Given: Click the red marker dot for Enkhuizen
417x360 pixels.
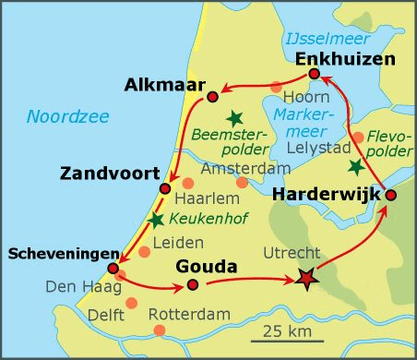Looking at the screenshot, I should pos(315,74).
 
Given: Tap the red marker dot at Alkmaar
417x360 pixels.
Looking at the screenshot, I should pos(213,96).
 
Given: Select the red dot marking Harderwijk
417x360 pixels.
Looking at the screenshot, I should pos(390,195).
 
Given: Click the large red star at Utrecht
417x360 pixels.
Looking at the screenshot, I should pos(304,279).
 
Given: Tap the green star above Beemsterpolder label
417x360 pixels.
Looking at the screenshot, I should pos(236,117).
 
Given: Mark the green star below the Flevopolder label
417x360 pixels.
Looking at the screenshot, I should pos(356,167).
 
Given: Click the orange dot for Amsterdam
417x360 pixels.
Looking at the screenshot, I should pos(243,183).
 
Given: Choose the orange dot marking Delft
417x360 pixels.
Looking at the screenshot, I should pos(131,304).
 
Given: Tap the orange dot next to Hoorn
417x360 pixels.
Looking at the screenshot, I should pos(276,89).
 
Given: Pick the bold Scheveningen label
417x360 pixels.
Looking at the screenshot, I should pos(60,253).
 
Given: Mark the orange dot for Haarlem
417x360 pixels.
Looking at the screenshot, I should pos(187,183).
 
